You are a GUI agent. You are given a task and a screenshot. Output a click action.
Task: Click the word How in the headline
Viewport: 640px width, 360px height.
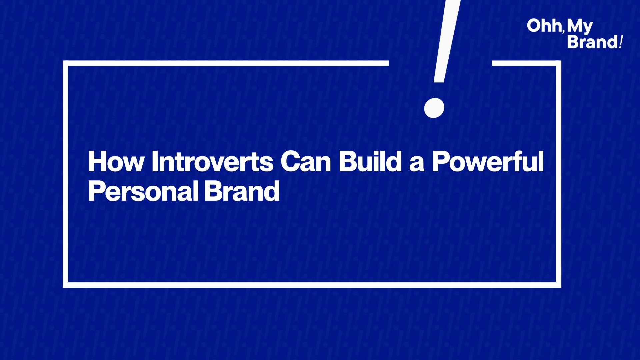pos(116,161)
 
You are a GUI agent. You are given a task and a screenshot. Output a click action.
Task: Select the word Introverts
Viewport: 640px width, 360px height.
pos(212,161)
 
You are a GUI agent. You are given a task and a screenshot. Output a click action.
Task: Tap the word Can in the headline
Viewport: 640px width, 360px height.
pos(306,161)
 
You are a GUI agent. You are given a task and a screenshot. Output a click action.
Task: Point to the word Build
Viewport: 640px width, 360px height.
pos(370,161)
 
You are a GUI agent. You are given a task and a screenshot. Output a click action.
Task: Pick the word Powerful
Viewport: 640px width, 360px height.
pos(488,161)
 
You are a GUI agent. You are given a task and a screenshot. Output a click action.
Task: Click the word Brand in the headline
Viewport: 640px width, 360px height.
pos(242,191)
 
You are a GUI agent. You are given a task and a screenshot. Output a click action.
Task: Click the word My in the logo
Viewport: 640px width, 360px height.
pos(580,27)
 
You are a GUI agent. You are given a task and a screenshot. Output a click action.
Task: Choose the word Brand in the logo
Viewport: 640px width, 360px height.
pos(592,42)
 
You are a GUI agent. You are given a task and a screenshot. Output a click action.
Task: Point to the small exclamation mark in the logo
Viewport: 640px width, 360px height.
pos(621,42)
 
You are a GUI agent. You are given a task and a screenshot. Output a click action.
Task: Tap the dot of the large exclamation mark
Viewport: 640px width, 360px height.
pos(434,108)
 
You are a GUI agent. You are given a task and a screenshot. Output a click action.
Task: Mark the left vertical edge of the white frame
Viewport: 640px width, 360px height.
pos(65,174)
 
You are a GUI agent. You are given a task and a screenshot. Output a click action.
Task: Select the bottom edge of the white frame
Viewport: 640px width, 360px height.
pos(312,285)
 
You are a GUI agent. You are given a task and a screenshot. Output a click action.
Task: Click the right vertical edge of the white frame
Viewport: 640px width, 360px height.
pos(559,174)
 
